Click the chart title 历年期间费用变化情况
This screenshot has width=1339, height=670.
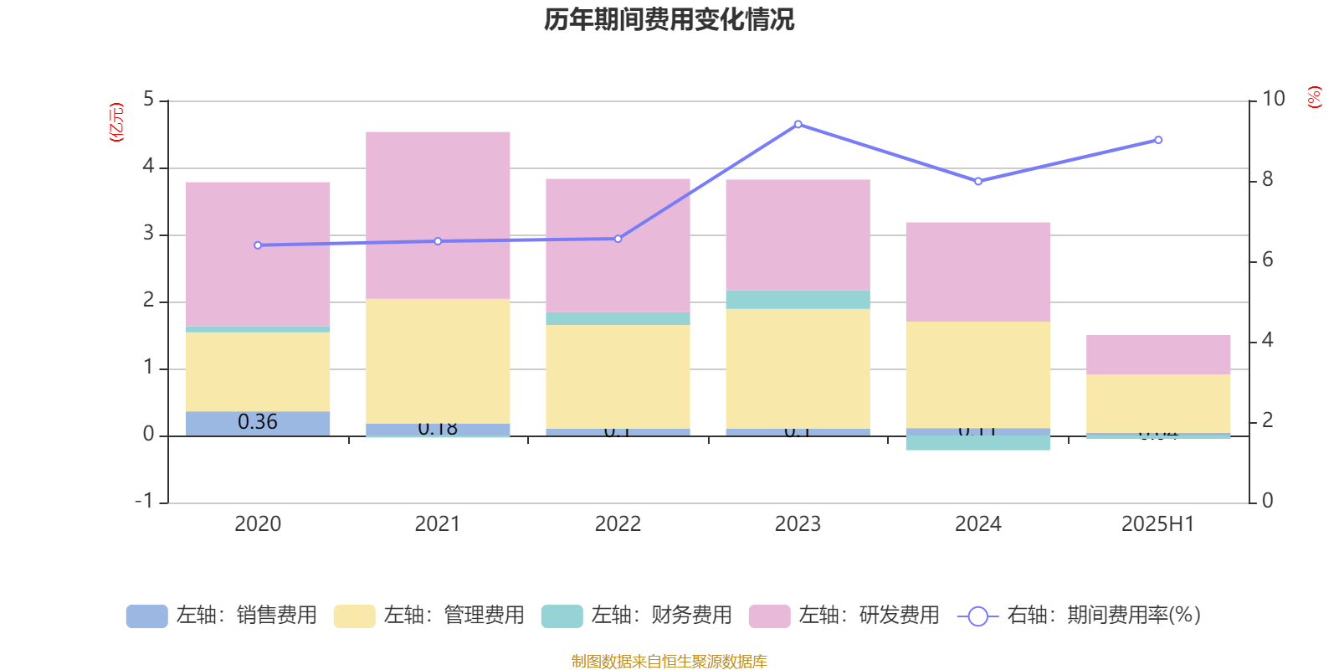click(x=669, y=19)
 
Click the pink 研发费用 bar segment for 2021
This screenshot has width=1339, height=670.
click(x=438, y=214)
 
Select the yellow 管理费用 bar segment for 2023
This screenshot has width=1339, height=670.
click(x=798, y=368)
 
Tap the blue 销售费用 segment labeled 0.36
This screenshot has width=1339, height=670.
click(x=257, y=423)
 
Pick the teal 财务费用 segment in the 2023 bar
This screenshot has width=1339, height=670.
click(x=798, y=300)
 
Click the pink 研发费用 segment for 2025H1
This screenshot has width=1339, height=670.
click(x=1158, y=354)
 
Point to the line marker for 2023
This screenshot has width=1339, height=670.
click(x=798, y=124)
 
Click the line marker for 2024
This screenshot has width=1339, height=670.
click(x=978, y=181)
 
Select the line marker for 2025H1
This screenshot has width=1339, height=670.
click(x=1158, y=140)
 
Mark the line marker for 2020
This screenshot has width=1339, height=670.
click(x=258, y=245)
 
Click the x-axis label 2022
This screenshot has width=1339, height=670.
click(x=618, y=524)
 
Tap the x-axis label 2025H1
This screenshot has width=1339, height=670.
click(x=1158, y=524)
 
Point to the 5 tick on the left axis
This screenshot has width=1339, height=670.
click(x=149, y=100)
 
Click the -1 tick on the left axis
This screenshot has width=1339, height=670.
click(x=144, y=501)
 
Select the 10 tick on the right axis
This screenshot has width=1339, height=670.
click(x=1274, y=100)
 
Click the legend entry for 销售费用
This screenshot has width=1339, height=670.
click(x=222, y=616)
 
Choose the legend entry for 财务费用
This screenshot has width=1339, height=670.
click(x=637, y=616)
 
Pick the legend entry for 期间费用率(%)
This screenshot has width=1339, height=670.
click(x=1080, y=616)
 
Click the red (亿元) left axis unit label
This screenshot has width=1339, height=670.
click(x=116, y=122)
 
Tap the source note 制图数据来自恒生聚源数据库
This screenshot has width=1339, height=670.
click(x=669, y=662)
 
